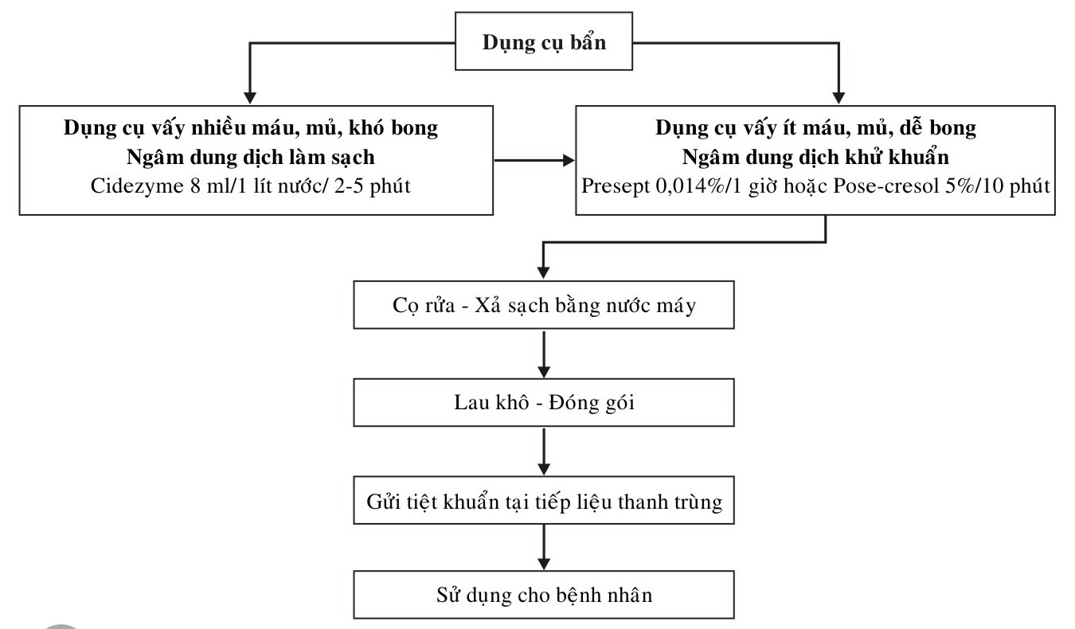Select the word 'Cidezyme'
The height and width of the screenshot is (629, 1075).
(137, 186)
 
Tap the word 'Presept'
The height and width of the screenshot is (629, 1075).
(616, 186)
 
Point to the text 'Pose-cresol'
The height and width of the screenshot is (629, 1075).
(886, 186)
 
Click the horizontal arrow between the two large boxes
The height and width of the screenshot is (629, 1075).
(534, 160)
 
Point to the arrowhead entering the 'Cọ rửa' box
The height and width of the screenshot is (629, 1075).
(543, 272)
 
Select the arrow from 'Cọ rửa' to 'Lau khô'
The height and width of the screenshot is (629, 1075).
(544, 354)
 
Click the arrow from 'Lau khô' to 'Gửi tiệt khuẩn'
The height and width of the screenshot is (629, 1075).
(544, 451)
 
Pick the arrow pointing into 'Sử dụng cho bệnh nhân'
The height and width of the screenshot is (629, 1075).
(544, 548)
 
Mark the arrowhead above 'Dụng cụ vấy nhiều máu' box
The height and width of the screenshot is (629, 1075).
(249, 98)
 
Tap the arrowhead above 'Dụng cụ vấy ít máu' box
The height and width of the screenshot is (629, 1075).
(838, 98)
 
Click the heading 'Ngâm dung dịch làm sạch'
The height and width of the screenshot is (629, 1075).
(251, 158)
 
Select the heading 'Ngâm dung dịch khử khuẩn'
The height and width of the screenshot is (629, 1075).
(815, 158)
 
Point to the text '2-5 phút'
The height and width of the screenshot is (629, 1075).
(372, 186)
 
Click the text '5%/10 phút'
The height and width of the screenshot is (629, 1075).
(998, 186)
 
